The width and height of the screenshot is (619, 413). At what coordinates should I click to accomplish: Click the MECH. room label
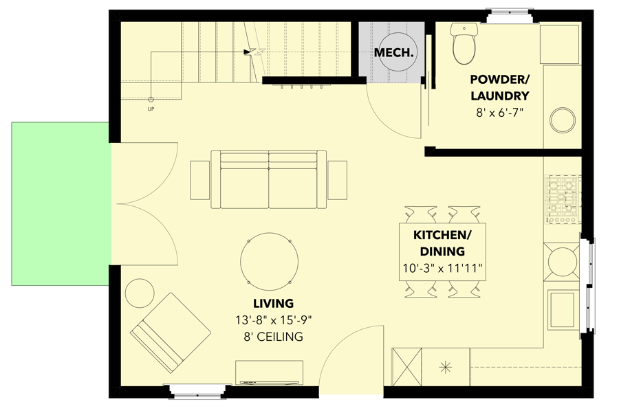[395, 52]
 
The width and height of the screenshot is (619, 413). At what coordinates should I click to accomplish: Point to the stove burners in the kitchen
[563, 201]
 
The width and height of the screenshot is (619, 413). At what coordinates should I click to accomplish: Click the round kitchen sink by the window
[563, 262]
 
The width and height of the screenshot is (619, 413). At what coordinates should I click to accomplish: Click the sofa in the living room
[269, 180]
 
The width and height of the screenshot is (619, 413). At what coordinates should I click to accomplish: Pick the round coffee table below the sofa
[270, 262]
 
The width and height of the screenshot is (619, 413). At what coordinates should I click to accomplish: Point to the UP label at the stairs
[151, 109]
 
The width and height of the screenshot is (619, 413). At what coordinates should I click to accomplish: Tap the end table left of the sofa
[200, 180]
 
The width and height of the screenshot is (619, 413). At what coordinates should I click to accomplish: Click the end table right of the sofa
[338, 180]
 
